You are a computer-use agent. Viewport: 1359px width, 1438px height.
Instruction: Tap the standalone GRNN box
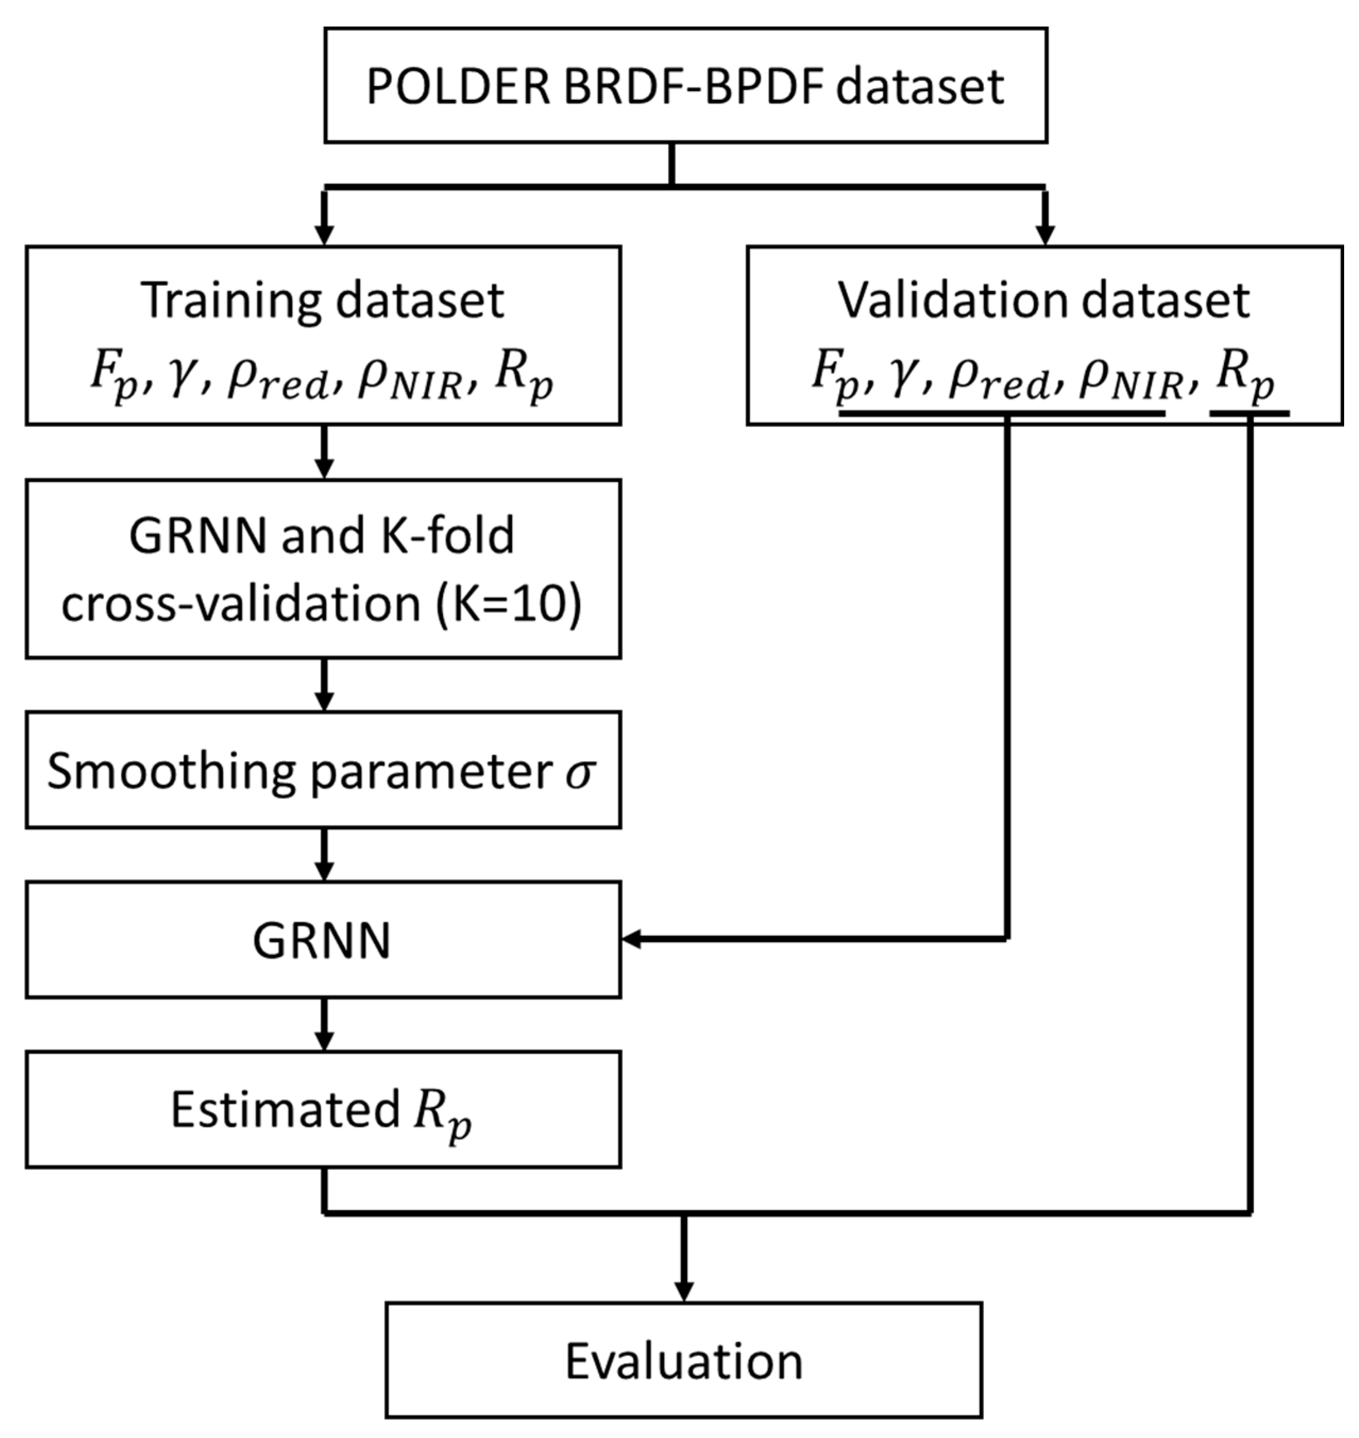pos(323,940)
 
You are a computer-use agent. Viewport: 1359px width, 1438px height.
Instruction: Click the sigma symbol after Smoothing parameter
pos(580,772)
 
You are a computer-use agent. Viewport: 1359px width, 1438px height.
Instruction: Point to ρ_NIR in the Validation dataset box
pos(1130,381)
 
